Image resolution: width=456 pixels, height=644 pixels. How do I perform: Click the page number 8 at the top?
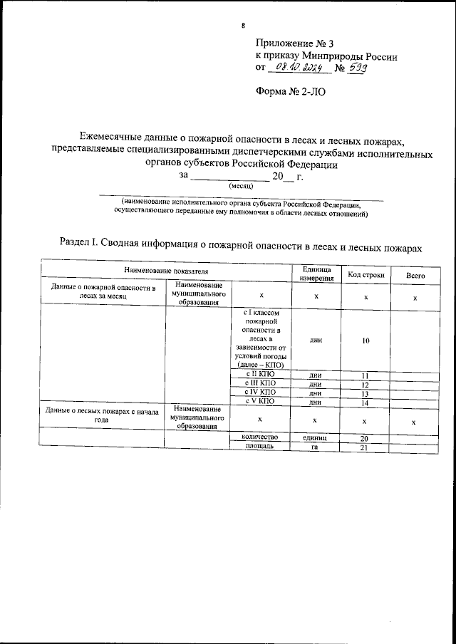tap(244, 26)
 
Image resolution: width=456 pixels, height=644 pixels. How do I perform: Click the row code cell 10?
tap(366, 341)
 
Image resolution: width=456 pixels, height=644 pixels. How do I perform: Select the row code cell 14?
tap(366, 403)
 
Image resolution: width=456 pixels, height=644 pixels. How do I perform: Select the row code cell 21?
tap(366, 446)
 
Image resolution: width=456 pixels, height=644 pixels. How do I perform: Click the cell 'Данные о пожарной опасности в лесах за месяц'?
tap(103, 291)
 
